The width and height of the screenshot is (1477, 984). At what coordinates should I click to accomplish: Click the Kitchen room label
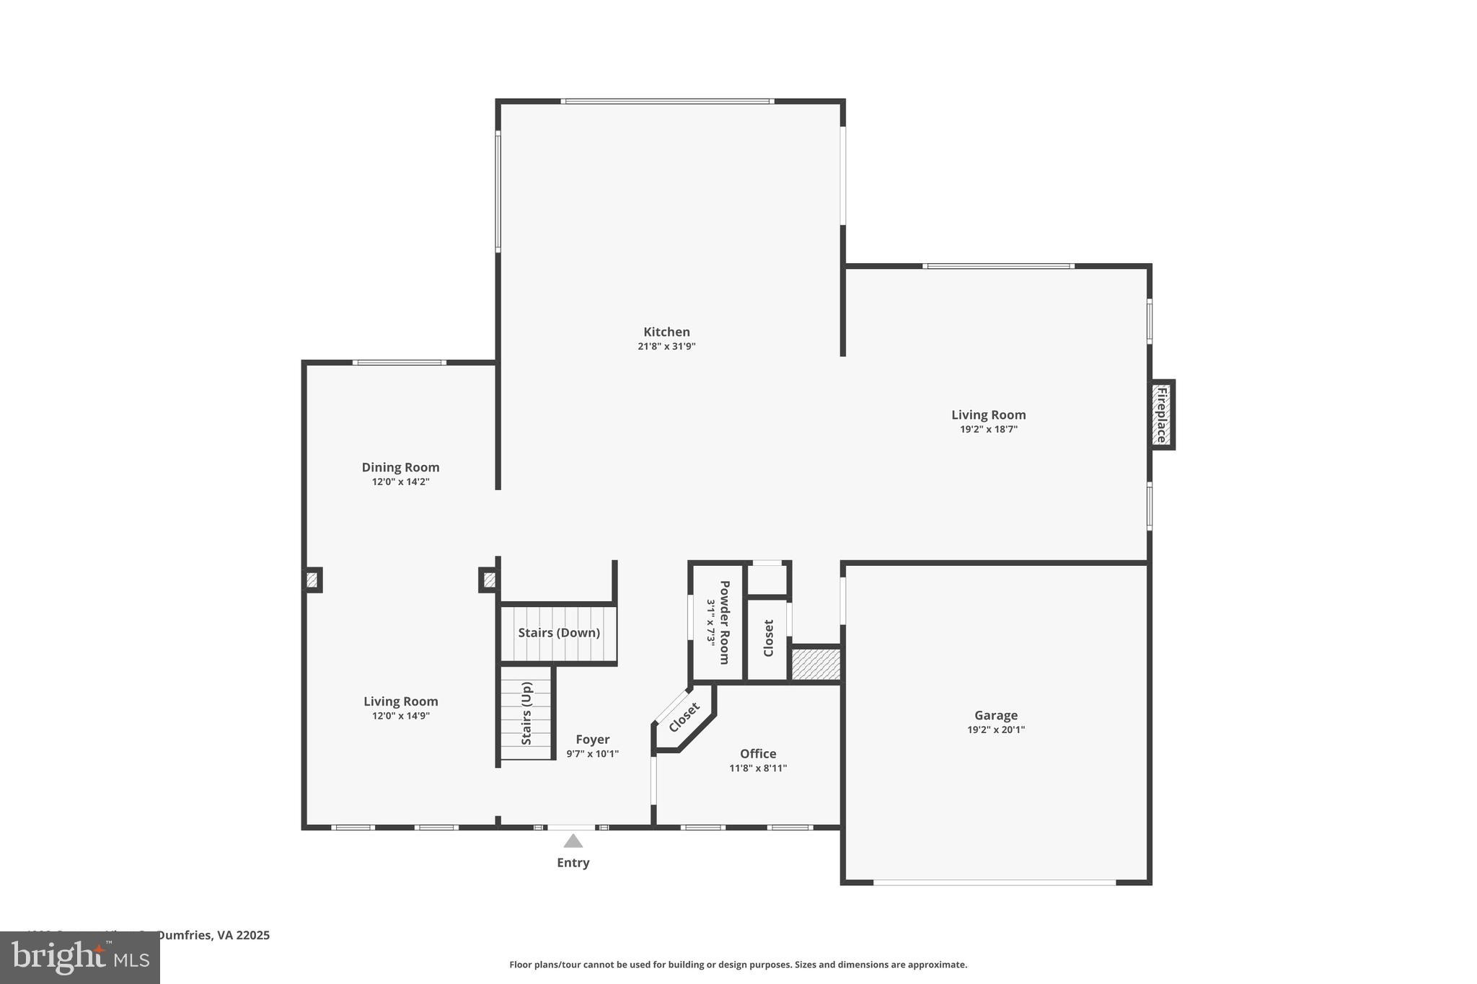[666, 332]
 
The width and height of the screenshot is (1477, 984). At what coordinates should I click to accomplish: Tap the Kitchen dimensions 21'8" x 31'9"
[666, 347]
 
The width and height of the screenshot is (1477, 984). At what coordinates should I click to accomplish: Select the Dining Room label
[400, 467]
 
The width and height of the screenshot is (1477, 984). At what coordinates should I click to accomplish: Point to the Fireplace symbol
[1161, 415]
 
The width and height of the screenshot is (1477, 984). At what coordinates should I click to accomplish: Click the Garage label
[996, 715]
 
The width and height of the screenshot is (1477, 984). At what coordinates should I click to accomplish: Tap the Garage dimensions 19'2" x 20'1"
[996, 730]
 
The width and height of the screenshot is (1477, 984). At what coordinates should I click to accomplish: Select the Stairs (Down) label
[559, 633]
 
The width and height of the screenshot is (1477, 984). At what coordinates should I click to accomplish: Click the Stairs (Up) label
[526, 713]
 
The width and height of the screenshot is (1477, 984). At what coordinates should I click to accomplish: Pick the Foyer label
[592, 740]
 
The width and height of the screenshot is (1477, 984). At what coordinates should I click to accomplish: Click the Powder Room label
[724, 622]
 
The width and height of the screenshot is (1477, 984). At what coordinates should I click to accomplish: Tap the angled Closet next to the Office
[684, 717]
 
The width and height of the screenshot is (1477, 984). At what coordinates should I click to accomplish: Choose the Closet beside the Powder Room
[768, 638]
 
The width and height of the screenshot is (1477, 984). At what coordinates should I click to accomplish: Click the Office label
[758, 754]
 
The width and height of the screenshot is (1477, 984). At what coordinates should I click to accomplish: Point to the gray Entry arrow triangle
[573, 841]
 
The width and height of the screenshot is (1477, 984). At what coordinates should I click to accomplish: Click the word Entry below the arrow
[573, 863]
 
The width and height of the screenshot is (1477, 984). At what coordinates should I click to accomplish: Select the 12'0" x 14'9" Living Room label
[400, 701]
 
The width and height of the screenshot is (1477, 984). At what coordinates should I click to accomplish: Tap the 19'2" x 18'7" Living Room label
[988, 415]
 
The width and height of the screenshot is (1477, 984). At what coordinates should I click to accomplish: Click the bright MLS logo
[80, 957]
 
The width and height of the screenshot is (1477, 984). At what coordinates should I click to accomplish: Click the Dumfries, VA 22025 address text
[213, 935]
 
